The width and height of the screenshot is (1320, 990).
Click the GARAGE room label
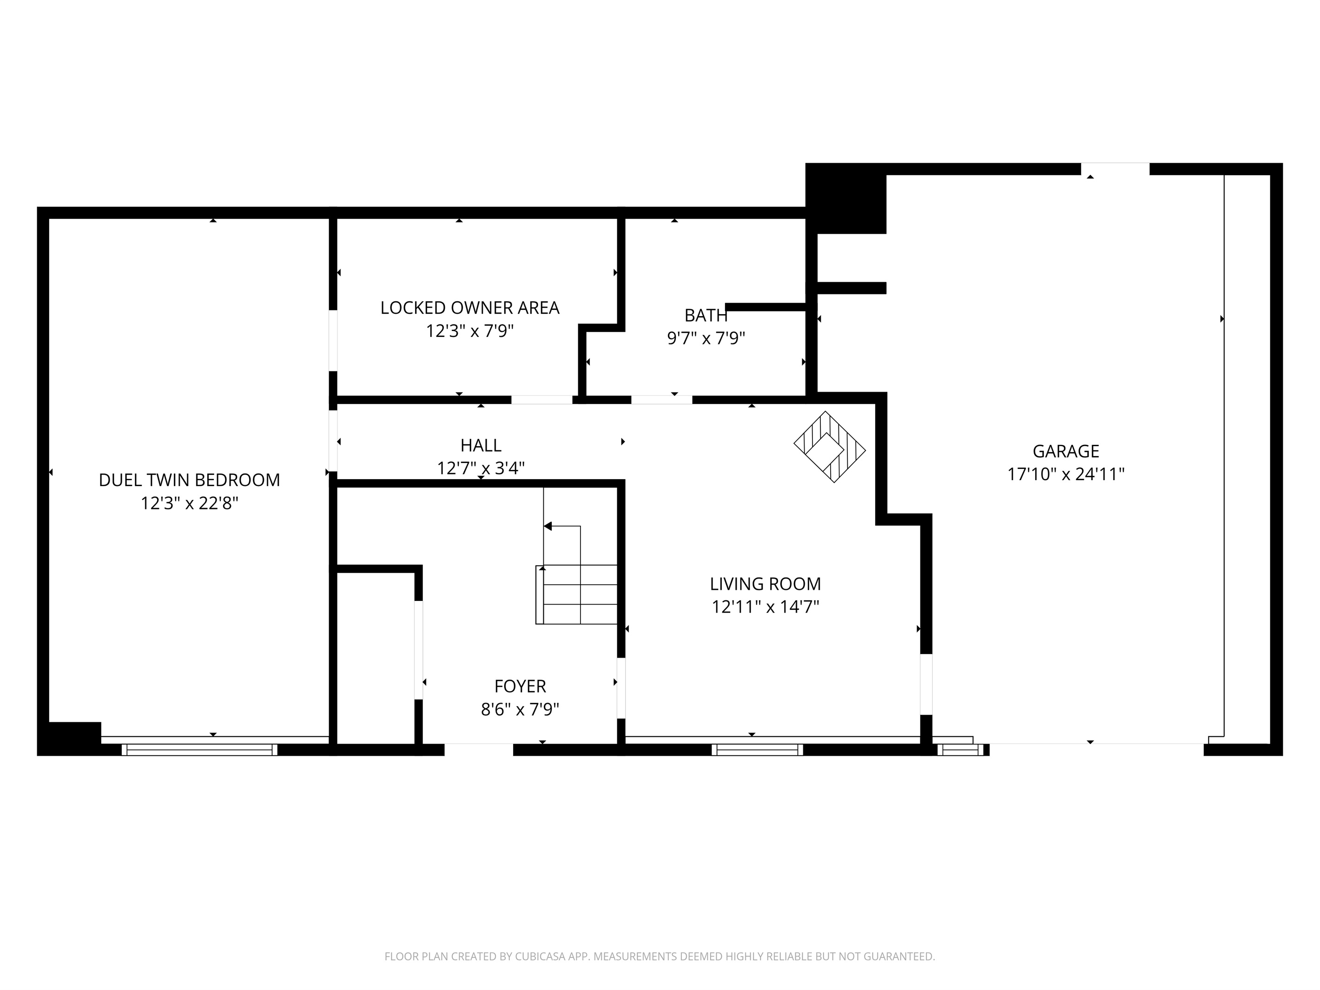point(1066,451)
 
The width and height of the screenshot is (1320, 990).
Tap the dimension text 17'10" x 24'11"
point(1066,475)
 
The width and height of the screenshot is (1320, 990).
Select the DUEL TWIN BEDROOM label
point(189,481)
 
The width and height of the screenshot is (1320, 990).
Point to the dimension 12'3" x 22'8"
point(189,504)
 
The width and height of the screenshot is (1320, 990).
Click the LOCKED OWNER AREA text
point(469,308)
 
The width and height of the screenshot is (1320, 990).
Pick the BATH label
point(706,315)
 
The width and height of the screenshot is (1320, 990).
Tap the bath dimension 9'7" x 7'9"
point(706,338)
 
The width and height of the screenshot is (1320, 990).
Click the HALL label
point(481,445)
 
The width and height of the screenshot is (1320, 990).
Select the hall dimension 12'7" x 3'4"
point(481,469)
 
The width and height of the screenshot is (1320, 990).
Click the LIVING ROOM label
point(765,584)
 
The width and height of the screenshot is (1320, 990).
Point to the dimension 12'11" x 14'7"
point(765,607)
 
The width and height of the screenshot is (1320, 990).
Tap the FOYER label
point(520,686)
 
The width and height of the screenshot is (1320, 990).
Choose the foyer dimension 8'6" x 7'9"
point(520,710)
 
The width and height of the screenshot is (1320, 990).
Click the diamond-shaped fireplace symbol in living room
point(829,447)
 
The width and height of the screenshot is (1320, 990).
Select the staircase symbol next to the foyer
point(576,594)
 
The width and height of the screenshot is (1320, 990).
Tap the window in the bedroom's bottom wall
point(199,750)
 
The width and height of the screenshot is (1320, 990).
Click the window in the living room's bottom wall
point(757,750)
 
